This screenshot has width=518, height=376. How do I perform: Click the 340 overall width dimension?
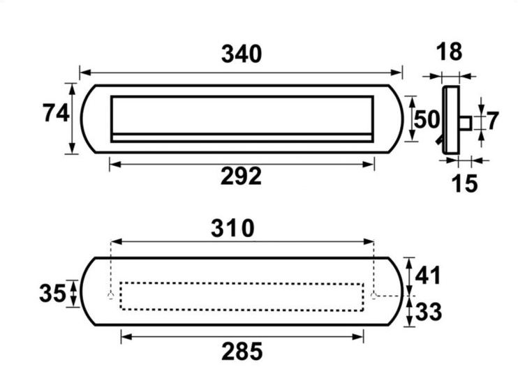[242, 54]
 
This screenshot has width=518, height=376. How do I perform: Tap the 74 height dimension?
[56, 113]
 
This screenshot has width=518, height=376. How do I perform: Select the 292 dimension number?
[241, 176]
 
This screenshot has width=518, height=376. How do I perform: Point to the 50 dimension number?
[427, 119]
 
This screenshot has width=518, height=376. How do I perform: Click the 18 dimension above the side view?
[449, 52]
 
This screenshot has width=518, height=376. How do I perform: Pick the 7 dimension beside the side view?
[492, 121]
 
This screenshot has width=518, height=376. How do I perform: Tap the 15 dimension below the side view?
[464, 183]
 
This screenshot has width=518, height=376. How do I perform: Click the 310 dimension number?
[232, 228]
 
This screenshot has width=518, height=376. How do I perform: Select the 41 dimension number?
[428, 276]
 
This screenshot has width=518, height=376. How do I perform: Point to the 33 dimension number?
[429, 311]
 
